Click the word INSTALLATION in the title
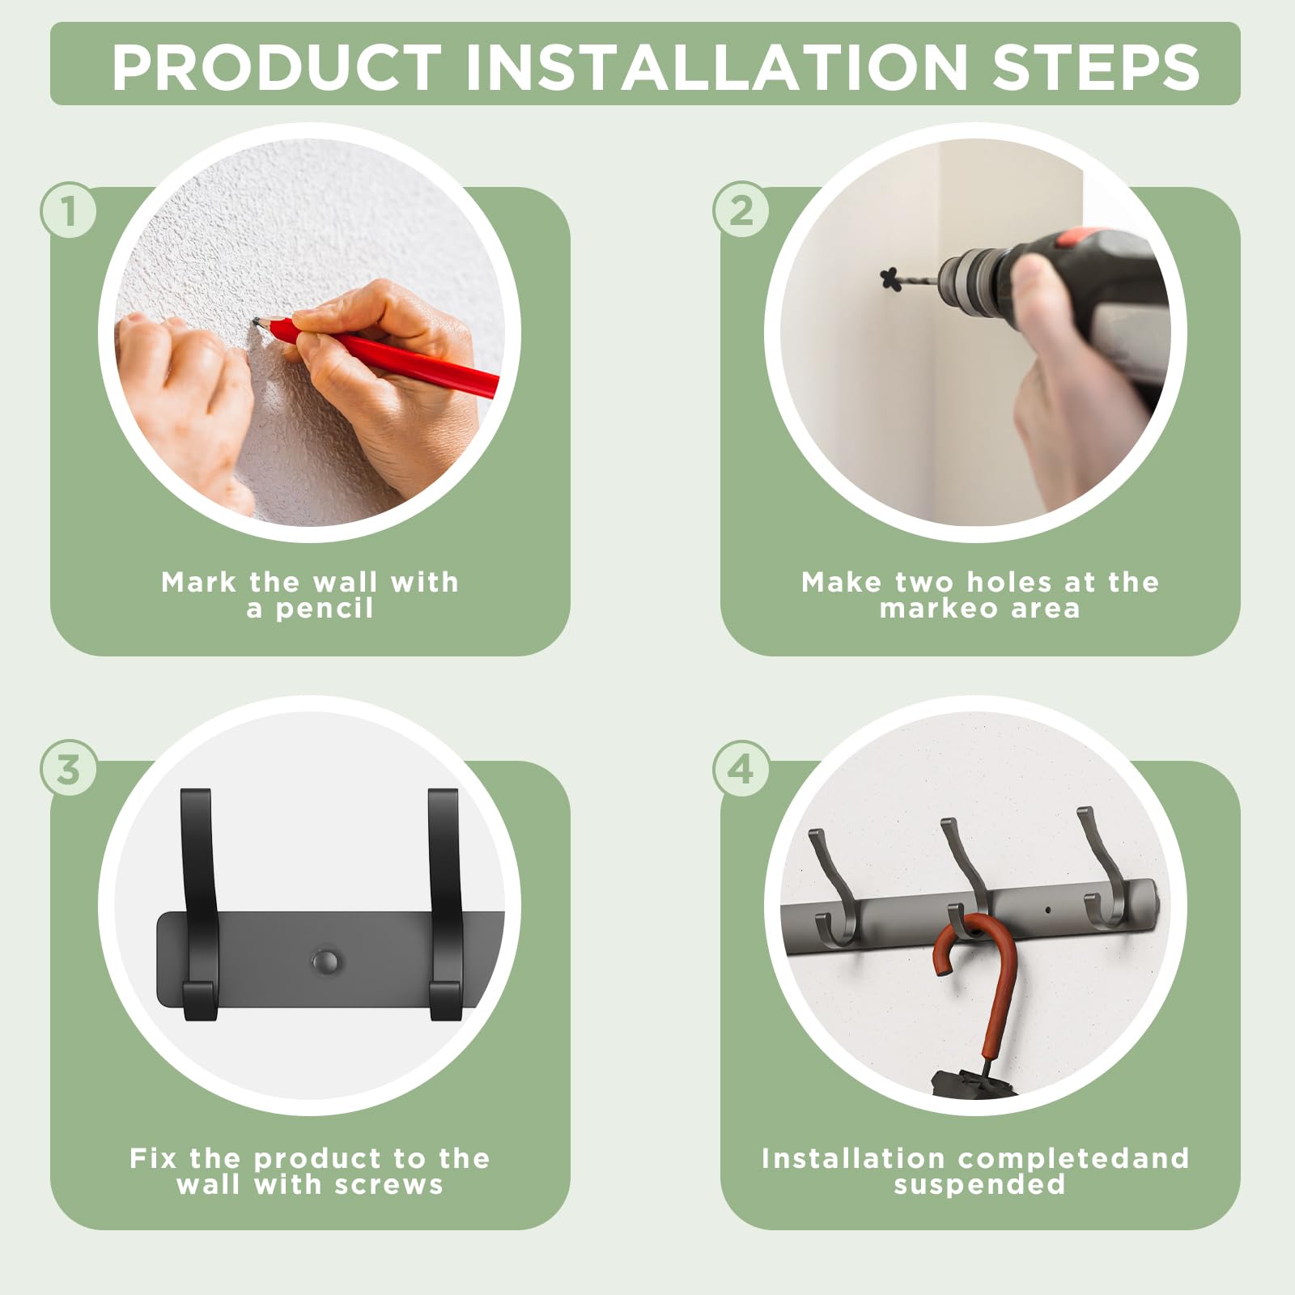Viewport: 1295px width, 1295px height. [x=716, y=66]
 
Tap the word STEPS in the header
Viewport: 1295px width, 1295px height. [x=1096, y=66]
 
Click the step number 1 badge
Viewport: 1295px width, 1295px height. [x=69, y=210]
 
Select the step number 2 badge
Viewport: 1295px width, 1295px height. [x=741, y=210]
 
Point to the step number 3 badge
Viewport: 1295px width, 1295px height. [x=69, y=769]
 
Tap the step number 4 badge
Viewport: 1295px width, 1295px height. [x=741, y=769]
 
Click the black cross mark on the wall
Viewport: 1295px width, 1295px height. [x=891, y=279]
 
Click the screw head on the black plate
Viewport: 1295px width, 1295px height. [x=325, y=962]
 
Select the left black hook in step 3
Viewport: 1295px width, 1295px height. [x=198, y=902]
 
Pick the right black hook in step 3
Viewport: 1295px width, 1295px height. [x=444, y=902]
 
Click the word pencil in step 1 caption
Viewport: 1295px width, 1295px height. [x=325, y=609]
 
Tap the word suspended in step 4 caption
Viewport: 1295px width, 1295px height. [x=979, y=1185]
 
